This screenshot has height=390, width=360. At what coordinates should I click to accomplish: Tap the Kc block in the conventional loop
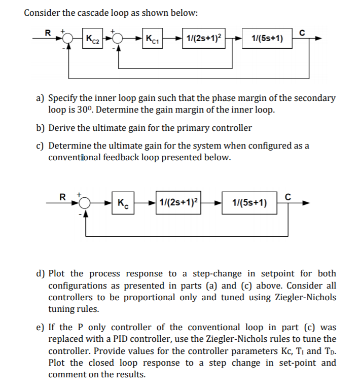tap(122, 203)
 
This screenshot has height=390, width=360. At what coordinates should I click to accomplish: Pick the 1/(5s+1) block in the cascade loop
tap(267, 38)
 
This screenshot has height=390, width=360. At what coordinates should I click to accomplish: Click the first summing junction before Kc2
tap(68, 39)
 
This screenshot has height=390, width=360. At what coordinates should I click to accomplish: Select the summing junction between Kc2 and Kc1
tap(119, 39)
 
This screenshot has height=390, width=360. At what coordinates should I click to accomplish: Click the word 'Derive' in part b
tap(62, 127)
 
